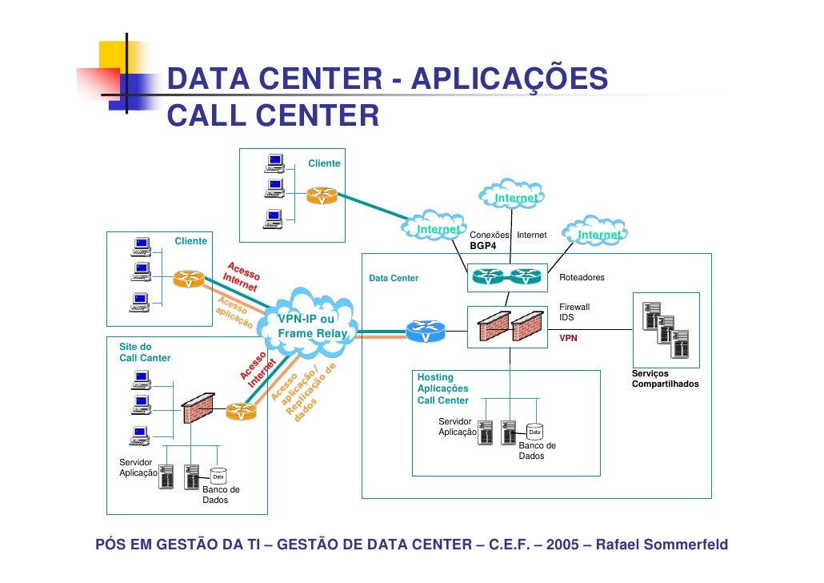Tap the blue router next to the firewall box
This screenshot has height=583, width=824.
coord(426,331)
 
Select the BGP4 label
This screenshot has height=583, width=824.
coord(483,246)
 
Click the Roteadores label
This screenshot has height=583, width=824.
coord(582,277)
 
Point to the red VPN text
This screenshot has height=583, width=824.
coord(568,338)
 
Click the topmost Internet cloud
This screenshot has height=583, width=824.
coord(512,195)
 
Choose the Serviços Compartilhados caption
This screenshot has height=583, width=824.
coord(666,379)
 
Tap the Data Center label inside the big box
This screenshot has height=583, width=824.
coord(394,278)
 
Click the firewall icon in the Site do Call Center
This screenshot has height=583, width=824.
coord(198,408)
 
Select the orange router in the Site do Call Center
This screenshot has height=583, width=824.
coord(242,412)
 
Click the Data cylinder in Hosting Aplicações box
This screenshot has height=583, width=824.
coord(534,432)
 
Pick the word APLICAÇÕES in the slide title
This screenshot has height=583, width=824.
coord(510,79)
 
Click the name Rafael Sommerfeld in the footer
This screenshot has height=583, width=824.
coord(662,545)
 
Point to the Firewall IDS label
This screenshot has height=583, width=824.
coord(574,312)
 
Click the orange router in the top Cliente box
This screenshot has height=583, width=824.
coord(322,195)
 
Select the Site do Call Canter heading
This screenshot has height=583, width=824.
coord(145,352)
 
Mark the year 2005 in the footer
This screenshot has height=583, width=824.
coord(563,545)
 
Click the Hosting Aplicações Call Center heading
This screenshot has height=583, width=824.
coord(443,389)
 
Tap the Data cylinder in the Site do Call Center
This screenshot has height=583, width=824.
coord(218,476)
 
